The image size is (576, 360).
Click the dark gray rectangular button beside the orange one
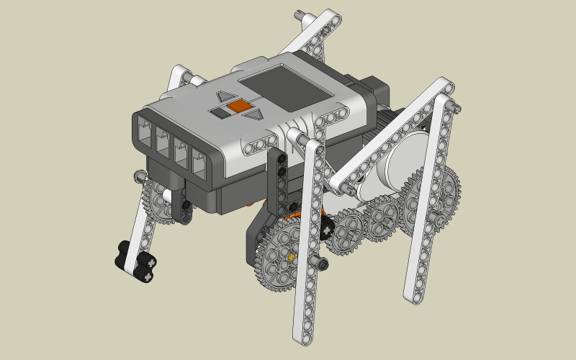218,112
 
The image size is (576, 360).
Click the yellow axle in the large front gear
291,256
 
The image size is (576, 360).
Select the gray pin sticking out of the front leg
319,261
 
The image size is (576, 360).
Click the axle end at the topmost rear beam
300,14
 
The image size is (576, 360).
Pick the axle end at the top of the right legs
456,106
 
